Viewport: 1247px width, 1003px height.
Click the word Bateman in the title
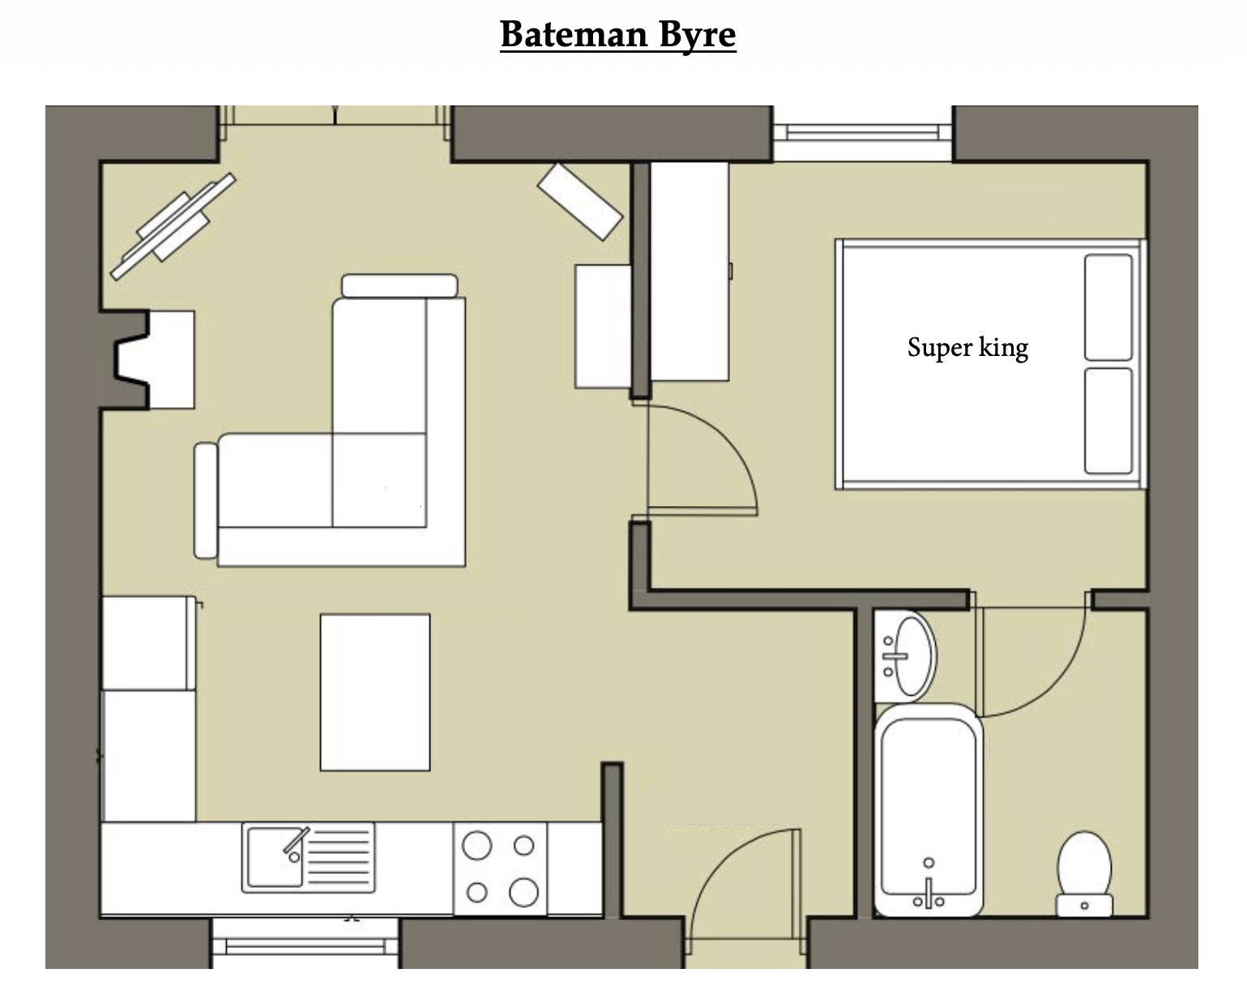click(573, 34)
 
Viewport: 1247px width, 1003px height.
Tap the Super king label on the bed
click(967, 348)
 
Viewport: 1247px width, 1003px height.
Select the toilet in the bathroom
click(1084, 875)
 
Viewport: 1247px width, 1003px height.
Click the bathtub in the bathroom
click(928, 810)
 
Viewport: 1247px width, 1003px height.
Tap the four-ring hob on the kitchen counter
click(500, 869)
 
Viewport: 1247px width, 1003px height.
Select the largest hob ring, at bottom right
click(523, 892)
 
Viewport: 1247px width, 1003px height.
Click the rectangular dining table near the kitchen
click(375, 692)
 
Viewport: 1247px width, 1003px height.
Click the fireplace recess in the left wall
click(132, 360)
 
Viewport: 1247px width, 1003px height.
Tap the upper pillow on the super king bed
click(1108, 307)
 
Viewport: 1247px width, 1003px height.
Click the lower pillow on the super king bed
click(1108, 421)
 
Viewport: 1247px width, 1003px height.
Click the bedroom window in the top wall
click(862, 132)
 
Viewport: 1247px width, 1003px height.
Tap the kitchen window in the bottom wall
click(305, 947)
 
